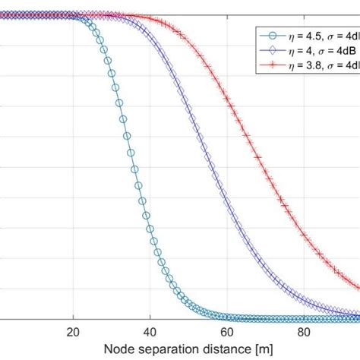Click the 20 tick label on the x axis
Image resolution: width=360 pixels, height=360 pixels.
[x=74, y=332]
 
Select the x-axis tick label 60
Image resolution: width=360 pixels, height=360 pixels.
[x=227, y=332]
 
